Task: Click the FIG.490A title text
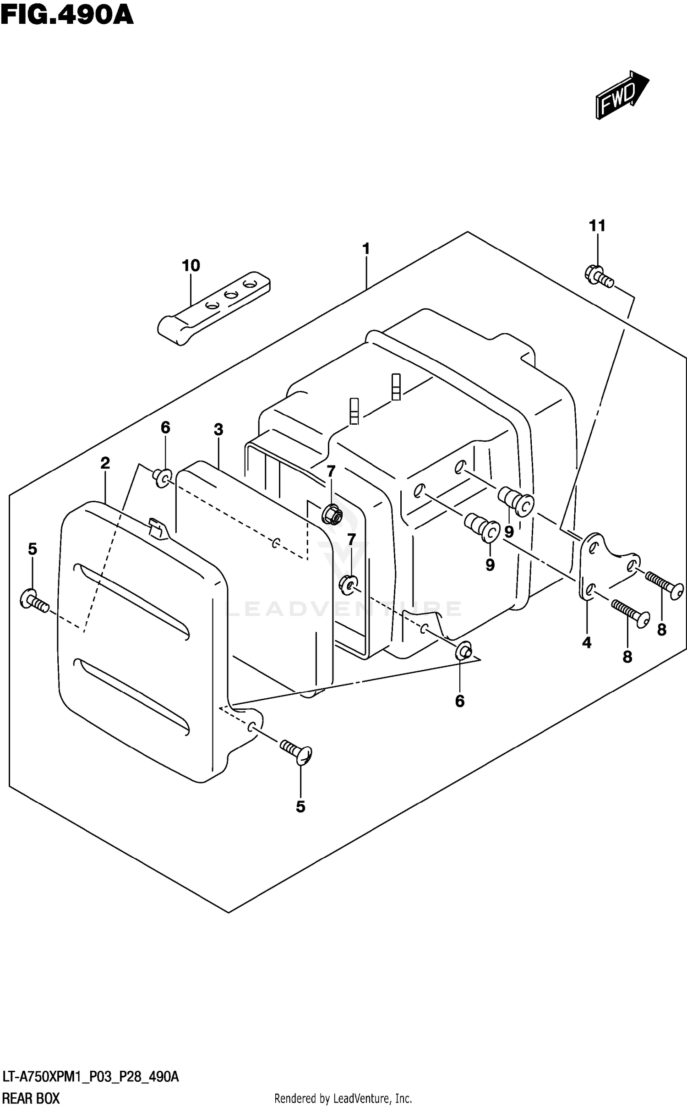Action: pyautogui.click(x=67, y=15)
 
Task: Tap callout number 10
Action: pyautogui.click(x=191, y=265)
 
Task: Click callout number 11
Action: pyautogui.click(x=597, y=225)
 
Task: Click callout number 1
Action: pyautogui.click(x=365, y=249)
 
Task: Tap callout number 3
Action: pyautogui.click(x=218, y=429)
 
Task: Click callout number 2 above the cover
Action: pyautogui.click(x=105, y=463)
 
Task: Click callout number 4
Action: pyautogui.click(x=587, y=643)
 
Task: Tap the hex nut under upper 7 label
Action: pyautogui.click(x=333, y=514)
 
